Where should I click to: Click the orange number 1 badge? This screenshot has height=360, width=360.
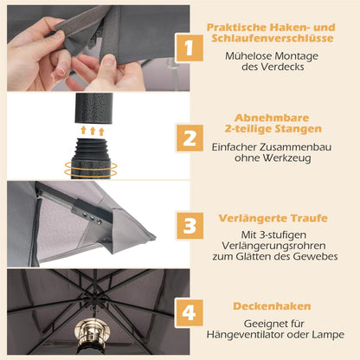(x=190, y=48)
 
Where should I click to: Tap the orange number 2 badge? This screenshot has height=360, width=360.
(x=190, y=138)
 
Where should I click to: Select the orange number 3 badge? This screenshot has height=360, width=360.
(x=190, y=226)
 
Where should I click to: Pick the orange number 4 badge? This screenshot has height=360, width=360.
(x=190, y=313)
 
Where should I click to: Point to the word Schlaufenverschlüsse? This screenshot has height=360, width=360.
(x=273, y=38)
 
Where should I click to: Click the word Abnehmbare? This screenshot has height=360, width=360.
(x=272, y=118)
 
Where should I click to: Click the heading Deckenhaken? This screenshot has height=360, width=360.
(x=272, y=306)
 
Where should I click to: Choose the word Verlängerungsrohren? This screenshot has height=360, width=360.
(x=273, y=246)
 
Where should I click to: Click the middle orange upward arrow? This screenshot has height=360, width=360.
(x=93, y=131)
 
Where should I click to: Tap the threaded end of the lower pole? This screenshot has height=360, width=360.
(x=91, y=146)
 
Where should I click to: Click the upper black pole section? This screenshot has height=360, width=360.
(x=94, y=108)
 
